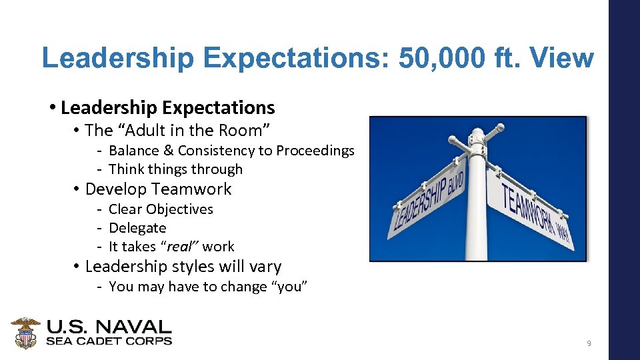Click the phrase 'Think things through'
tap(175, 169)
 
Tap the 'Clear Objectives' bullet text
tap(161, 209)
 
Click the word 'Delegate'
tap(137, 228)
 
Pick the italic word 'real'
tap(179, 247)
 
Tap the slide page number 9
tap(589, 343)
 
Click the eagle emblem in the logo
tap(25, 333)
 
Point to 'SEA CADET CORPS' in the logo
tap(109, 341)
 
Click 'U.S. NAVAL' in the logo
tap(109, 327)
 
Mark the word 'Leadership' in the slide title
tap(117, 58)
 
